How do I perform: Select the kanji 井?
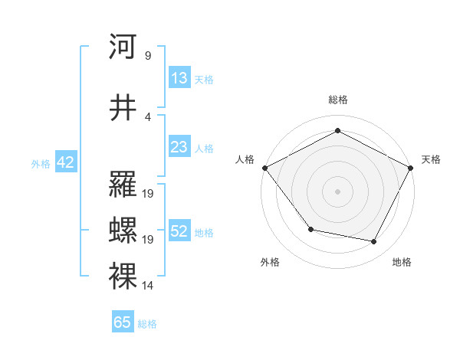click(x=123, y=108)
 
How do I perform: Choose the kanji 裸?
click(x=123, y=277)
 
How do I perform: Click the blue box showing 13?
click(x=179, y=78)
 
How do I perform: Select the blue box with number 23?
click(x=179, y=148)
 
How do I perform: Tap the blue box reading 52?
click(x=179, y=231)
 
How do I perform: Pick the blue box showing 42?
click(x=65, y=162)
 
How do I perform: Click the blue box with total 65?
click(x=123, y=322)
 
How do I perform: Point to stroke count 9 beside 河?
click(x=147, y=56)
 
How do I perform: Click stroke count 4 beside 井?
click(x=147, y=117)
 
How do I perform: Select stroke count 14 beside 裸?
click(x=148, y=286)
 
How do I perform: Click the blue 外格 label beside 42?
click(x=41, y=163)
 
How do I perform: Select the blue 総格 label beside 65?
click(x=147, y=324)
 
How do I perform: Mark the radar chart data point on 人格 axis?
click(x=265, y=168)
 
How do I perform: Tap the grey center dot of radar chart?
click(x=337, y=191)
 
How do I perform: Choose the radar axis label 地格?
click(x=402, y=263)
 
